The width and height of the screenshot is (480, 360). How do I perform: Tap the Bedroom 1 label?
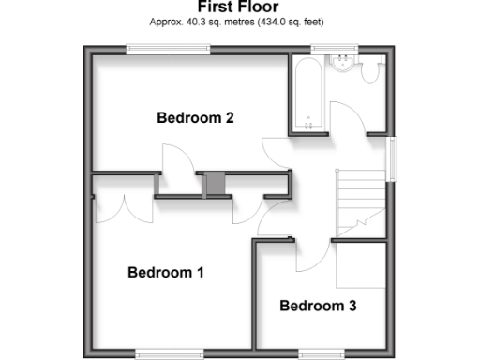point(166,273)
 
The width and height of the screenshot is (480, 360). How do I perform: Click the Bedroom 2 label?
point(195,118)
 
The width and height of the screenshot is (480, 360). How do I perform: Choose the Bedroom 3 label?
point(318,306)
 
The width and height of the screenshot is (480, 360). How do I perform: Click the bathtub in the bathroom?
point(307,94)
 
